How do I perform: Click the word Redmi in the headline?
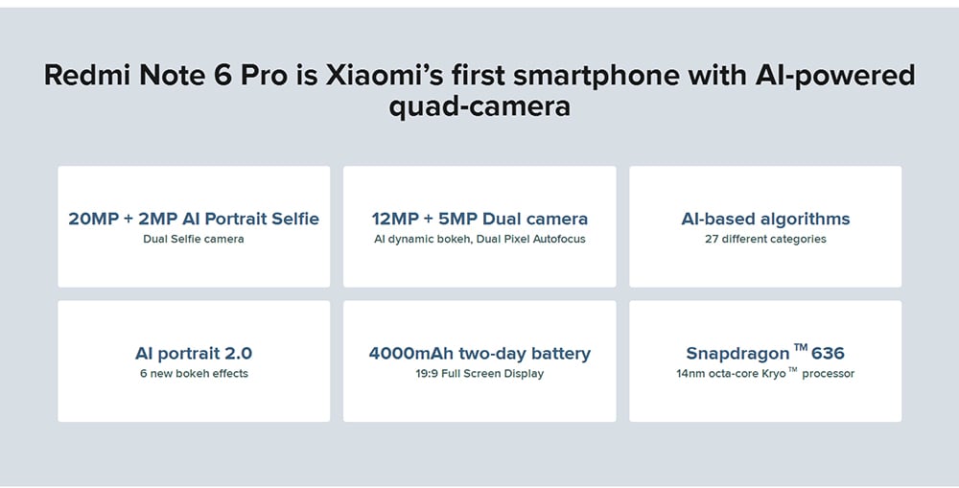88,75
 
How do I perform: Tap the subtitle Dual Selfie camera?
194,239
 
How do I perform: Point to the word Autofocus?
559,239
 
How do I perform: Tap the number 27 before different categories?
712,239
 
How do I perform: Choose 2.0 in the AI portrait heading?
238,354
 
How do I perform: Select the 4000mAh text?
411,354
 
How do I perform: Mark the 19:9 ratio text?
427,374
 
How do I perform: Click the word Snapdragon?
737,355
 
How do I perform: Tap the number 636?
828,354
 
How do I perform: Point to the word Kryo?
774,374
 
